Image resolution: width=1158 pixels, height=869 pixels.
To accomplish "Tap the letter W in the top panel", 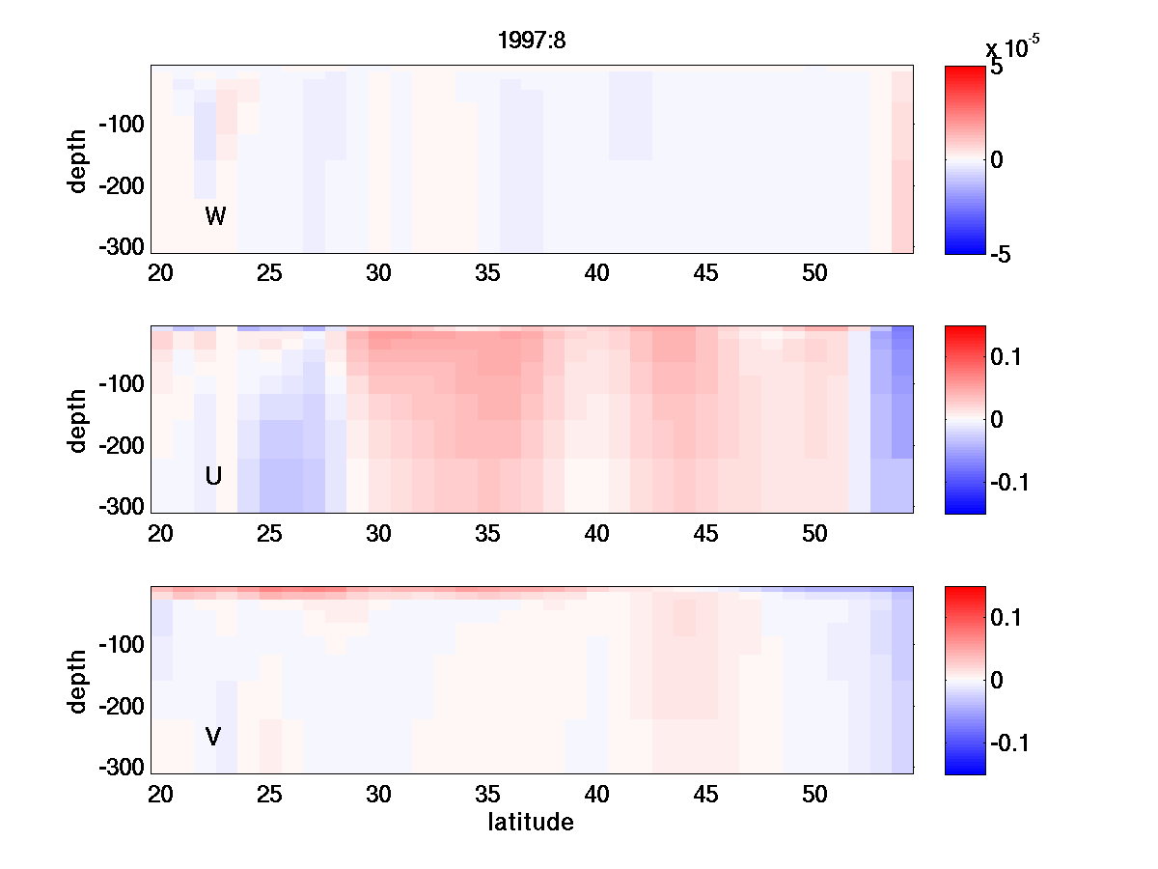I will [x=215, y=216].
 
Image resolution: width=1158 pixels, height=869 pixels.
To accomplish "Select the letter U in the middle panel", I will [x=214, y=476].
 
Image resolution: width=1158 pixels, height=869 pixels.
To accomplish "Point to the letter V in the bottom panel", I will [x=213, y=737].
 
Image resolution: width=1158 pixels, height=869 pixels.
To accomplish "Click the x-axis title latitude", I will [x=531, y=823].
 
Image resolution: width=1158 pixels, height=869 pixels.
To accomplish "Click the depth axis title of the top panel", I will [x=78, y=159].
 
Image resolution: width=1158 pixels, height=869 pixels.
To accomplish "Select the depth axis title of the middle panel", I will [x=78, y=420].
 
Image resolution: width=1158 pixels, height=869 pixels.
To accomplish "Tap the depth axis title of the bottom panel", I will [x=78, y=681].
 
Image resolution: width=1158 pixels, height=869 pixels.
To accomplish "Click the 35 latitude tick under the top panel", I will [x=487, y=273].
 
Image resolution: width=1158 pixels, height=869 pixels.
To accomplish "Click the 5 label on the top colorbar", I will [x=997, y=70].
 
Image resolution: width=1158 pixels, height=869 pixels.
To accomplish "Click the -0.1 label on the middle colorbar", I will [x=1010, y=482].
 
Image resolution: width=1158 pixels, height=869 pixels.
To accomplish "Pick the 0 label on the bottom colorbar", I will [x=998, y=681].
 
